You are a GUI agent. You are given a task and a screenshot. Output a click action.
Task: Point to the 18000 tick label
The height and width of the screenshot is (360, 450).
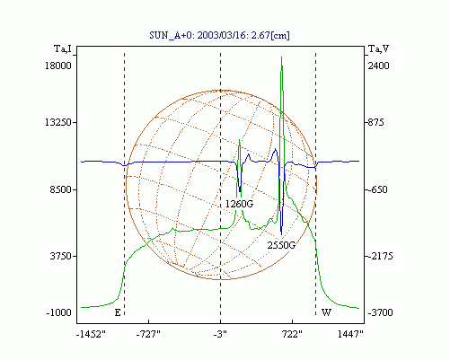(x=58, y=66)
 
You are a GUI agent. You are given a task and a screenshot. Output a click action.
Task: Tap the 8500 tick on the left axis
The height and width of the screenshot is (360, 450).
(x=61, y=189)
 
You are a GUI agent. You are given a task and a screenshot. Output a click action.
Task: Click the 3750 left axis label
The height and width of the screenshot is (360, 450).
(x=61, y=257)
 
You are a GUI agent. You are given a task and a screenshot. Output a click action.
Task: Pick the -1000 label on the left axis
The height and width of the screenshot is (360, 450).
(x=59, y=312)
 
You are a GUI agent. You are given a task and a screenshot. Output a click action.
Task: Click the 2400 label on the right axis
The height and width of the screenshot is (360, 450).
(x=378, y=66)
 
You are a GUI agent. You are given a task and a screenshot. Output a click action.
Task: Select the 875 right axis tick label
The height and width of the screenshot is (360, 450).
(x=375, y=122)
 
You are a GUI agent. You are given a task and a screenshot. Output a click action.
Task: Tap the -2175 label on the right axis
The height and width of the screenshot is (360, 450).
(x=379, y=257)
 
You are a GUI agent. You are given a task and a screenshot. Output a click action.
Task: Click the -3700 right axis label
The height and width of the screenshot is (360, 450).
(x=380, y=312)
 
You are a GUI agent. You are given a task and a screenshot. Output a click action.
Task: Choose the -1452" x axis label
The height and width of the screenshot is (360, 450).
(x=92, y=334)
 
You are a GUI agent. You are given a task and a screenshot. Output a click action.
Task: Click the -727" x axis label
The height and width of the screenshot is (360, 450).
(x=148, y=334)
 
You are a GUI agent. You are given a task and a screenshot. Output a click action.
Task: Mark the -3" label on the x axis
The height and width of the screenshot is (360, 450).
(x=220, y=334)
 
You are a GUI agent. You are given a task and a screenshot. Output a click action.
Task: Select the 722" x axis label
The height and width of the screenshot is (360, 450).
(x=292, y=334)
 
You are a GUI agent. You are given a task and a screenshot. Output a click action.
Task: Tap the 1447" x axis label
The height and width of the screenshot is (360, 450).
(x=350, y=334)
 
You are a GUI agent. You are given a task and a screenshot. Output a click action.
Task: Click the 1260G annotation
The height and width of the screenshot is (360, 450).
(x=239, y=204)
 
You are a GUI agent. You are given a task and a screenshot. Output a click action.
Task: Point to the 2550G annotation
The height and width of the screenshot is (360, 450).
(x=281, y=245)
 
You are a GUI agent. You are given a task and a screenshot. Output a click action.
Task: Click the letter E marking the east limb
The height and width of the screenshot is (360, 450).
(x=118, y=312)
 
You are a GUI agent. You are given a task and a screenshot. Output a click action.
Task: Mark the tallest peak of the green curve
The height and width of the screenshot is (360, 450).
(x=281, y=57)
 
